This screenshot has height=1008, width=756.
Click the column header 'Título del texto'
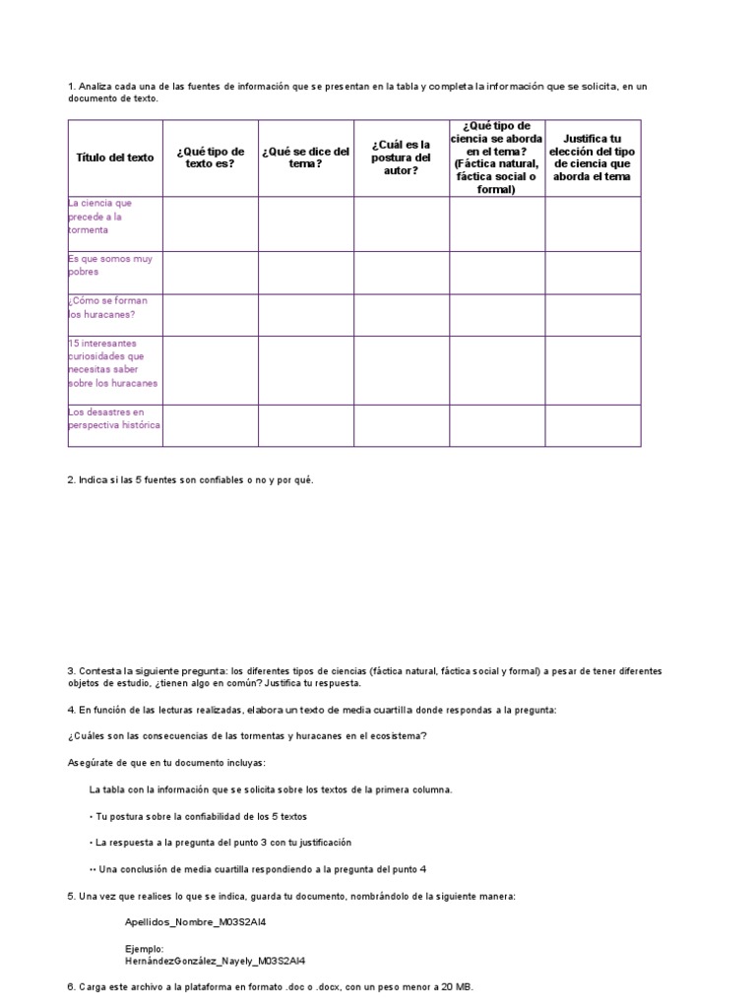115,157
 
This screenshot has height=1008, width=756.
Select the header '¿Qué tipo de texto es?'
211,157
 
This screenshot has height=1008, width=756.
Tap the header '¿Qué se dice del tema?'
305,157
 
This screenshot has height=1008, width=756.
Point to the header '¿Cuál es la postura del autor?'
402,157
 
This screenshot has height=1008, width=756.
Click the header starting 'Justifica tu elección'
593,157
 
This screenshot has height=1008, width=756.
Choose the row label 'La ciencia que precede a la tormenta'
100,217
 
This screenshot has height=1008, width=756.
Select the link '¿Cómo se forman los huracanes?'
101,307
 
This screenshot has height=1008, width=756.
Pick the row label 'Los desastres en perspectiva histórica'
114,418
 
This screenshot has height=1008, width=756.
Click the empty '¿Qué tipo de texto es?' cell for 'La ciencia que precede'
211,223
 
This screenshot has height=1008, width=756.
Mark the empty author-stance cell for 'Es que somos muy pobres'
402,273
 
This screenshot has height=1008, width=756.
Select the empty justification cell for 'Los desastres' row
593,425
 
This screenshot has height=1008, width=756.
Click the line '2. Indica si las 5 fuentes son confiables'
190,479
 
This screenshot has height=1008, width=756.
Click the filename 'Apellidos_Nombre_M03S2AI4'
195,922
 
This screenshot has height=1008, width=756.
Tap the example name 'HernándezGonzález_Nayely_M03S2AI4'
215,961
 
